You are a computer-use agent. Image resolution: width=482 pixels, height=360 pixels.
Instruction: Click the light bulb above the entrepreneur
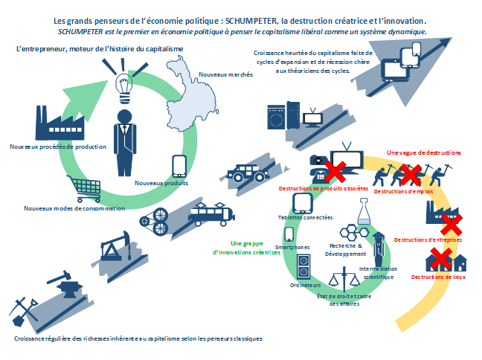click(x=124, y=88)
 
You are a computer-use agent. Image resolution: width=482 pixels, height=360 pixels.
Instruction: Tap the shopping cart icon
click(x=84, y=188)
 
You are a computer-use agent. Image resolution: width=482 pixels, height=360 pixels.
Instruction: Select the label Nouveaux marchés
click(x=225, y=74)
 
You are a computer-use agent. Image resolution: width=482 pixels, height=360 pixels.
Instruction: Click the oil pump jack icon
click(x=116, y=246)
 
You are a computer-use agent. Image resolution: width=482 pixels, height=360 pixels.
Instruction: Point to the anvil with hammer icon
click(x=65, y=284)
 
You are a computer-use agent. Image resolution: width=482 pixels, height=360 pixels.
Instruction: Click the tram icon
click(x=211, y=214)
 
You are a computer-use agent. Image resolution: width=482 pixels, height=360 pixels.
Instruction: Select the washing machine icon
click(x=277, y=117)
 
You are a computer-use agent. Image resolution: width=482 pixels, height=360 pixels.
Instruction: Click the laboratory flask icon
click(x=364, y=211)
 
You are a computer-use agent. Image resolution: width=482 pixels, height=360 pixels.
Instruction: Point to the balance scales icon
click(x=344, y=279)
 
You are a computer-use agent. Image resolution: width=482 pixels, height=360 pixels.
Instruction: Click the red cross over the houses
click(x=441, y=258)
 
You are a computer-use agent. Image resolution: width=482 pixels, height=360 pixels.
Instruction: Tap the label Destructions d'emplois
click(x=403, y=191)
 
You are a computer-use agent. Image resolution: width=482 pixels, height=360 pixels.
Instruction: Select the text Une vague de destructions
click(x=423, y=152)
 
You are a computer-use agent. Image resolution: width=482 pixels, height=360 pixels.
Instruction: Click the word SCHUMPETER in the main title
click(x=251, y=21)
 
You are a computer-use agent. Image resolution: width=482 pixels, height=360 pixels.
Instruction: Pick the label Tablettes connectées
click(x=305, y=217)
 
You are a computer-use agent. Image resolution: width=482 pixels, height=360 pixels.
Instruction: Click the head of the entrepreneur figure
click(x=124, y=117)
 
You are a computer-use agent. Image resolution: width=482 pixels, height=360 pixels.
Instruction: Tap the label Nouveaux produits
click(x=161, y=183)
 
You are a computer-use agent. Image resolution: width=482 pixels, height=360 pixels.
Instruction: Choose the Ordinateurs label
click(x=305, y=285)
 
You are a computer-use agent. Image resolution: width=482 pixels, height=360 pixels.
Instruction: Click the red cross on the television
click(x=335, y=172)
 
